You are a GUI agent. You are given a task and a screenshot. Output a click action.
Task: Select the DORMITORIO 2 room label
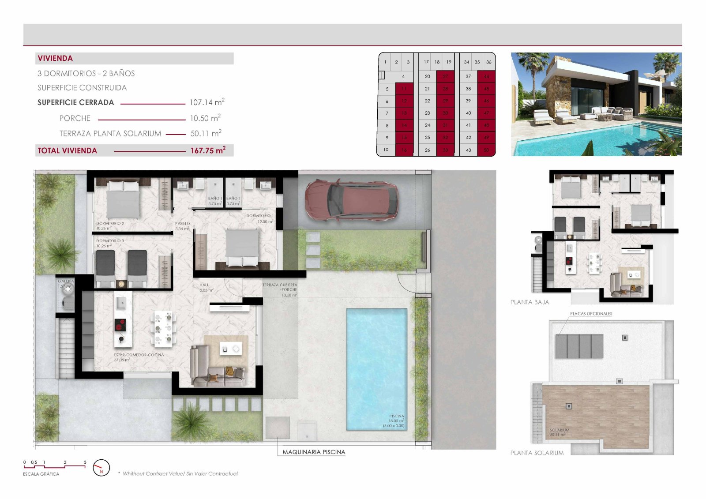110,224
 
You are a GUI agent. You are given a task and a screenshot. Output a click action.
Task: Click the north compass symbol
101,468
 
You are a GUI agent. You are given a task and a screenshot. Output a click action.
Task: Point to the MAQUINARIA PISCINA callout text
314,452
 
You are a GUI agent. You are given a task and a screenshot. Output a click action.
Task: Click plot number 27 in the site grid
445,76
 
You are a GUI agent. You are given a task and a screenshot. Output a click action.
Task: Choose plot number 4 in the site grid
403,76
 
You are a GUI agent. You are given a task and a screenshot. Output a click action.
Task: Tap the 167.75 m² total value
208,150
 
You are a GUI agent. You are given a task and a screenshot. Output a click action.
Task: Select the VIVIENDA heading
55,58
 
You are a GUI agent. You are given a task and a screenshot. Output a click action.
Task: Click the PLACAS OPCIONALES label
591,314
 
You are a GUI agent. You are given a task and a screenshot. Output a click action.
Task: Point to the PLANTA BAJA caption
529,302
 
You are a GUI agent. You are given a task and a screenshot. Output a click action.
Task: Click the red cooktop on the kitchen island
120,325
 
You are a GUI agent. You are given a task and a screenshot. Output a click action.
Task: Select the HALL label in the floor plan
204,285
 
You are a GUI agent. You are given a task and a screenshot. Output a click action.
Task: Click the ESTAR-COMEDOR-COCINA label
139,355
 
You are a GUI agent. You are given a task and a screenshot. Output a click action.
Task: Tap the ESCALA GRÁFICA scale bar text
41,474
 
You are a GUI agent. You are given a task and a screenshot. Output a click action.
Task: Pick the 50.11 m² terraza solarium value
206,133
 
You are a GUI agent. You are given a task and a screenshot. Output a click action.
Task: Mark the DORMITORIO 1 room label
260,216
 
